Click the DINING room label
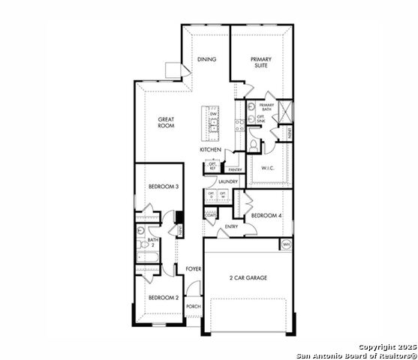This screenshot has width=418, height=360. tap(206, 59)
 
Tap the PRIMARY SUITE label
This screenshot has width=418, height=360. tap(261, 62)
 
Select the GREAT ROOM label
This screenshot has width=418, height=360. tap(166, 122)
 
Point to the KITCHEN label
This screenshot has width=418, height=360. tap(210, 150)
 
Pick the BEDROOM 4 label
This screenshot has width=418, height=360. tap(266, 215)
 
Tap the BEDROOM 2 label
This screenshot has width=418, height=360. tap(163, 298)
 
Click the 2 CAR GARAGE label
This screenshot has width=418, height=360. tap(248, 277)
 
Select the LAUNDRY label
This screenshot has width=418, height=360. tap(228, 181)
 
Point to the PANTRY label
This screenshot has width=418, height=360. tap(236, 169)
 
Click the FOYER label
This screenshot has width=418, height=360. tap(194, 268)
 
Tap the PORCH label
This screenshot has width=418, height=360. tap(194, 306)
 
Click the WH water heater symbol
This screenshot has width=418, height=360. tap(286, 244)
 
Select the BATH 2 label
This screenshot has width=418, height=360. tap(152, 242)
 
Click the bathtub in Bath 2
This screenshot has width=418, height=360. tap(147, 260)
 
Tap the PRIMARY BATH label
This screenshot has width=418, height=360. tap(266, 106)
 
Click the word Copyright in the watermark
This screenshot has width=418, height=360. tap(375, 347)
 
